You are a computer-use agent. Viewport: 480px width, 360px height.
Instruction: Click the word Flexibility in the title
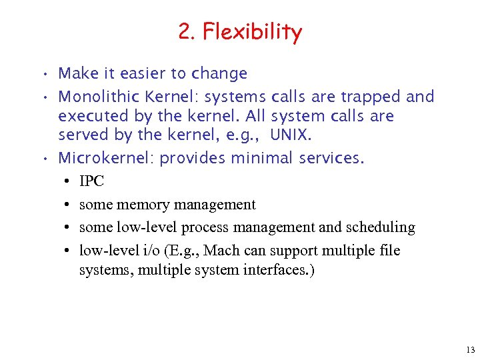coord(253,31)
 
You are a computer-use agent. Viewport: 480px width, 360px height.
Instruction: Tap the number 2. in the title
coord(187,31)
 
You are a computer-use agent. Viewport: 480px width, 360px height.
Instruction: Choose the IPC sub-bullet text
coord(91,181)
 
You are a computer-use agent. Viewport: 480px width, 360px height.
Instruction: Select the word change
coord(221,73)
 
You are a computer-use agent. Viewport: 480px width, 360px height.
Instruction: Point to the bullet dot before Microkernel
coord(43,159)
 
